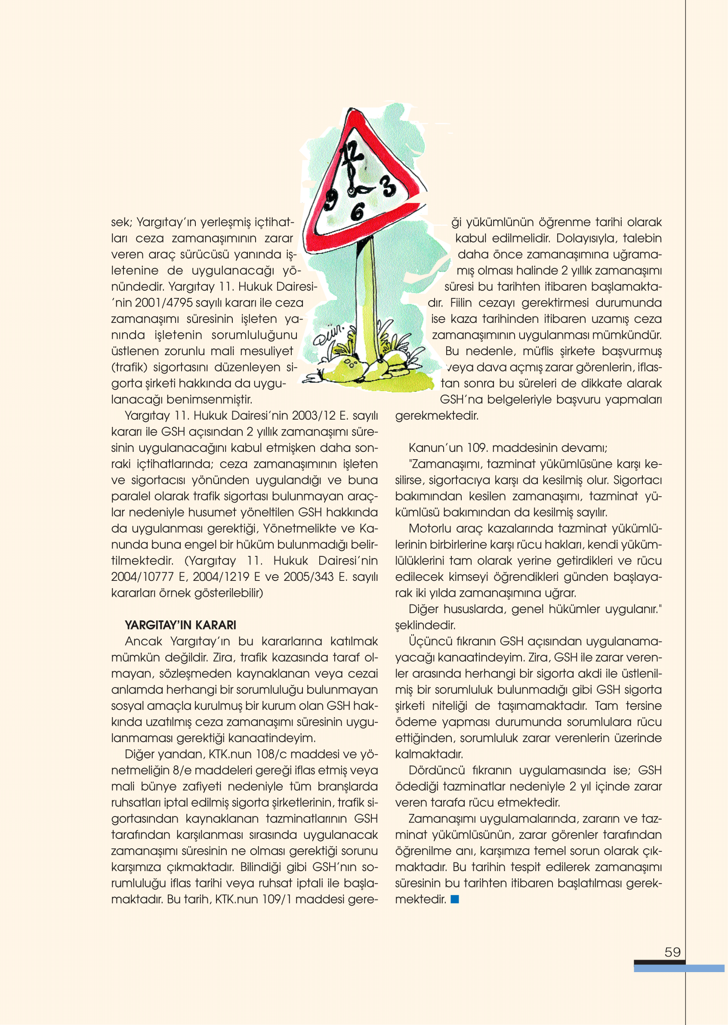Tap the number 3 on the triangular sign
[389, 186]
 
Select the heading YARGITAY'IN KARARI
[180, 625]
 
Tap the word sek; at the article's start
[122, 222]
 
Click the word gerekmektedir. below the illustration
[437, 416]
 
